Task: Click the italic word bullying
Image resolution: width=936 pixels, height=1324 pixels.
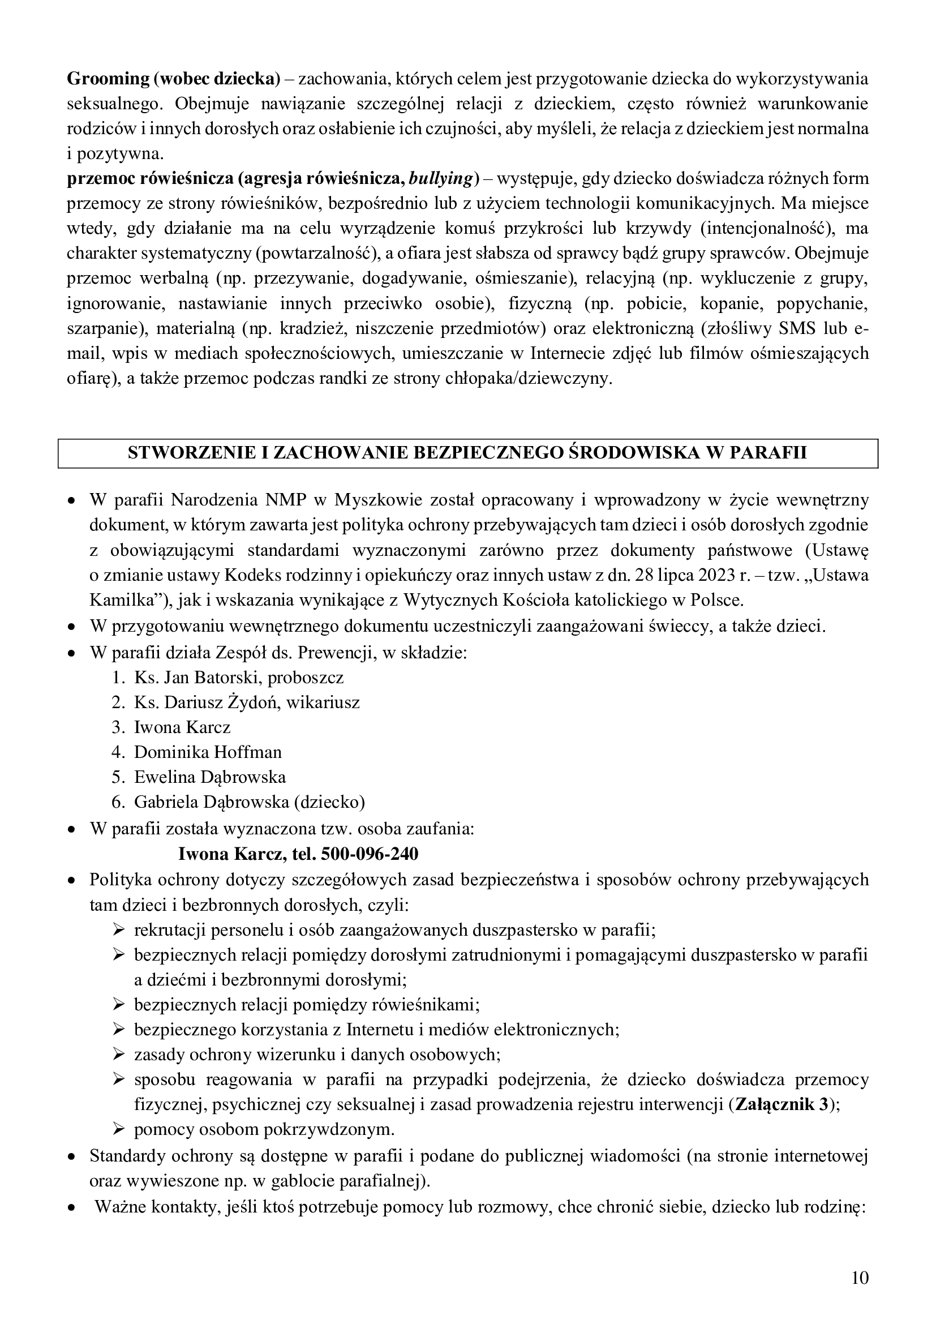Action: click(440, 179)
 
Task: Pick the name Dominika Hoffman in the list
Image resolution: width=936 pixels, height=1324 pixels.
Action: click(208, 752)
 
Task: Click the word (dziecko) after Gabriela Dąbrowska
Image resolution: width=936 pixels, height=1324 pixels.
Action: click(329, 802)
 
